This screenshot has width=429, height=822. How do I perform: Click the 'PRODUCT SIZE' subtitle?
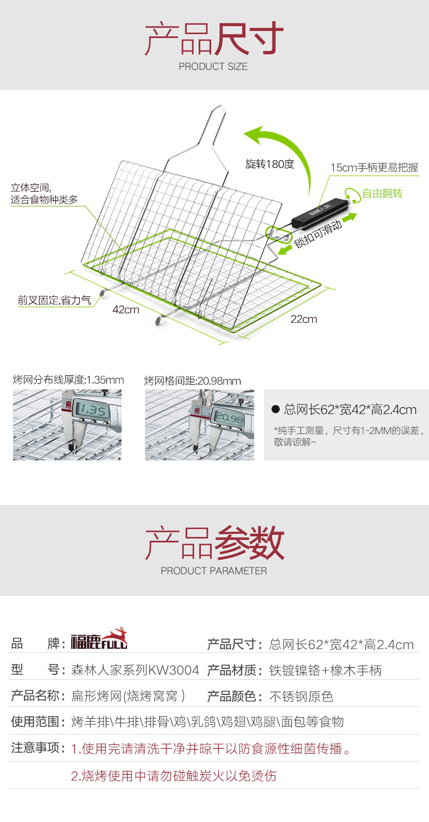point(213,67)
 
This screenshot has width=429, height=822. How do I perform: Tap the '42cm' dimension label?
point(126,310)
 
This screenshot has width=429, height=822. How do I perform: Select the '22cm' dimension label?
point(304,319)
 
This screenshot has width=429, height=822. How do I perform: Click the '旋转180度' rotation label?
point(269,164)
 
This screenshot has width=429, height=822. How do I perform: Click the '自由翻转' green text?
point(382,194)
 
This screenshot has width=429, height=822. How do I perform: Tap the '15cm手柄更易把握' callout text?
point(375,167)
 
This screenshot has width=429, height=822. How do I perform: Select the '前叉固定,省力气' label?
point(54,300)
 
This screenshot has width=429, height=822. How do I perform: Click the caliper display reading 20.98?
point(229,418)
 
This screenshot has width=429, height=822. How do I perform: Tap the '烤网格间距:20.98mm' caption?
point(192,381)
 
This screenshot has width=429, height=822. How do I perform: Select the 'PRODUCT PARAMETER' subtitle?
point(213,571)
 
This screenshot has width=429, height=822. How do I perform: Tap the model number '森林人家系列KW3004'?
point(135,670)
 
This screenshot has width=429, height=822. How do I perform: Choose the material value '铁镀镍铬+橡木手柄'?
point(325,670)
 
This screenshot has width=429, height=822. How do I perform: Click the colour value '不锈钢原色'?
point(301,696)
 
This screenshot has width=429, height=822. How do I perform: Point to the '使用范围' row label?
point(35,722)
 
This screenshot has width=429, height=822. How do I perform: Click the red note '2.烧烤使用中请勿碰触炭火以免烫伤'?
point(174,776)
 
